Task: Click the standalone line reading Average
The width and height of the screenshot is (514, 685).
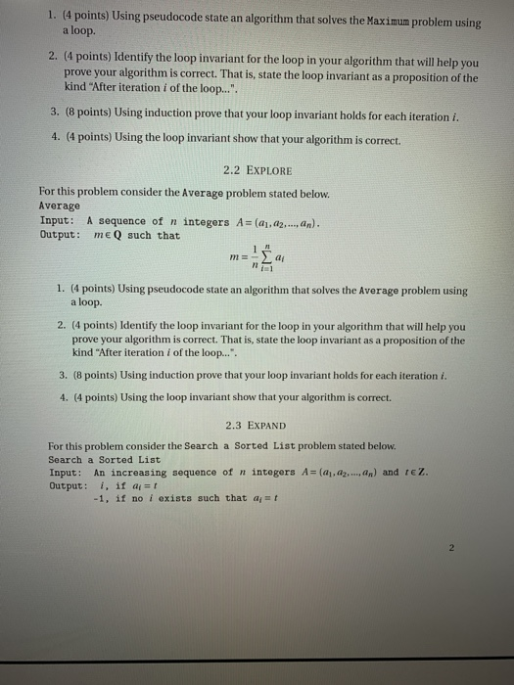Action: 59,206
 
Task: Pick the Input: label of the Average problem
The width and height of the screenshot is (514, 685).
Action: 57,220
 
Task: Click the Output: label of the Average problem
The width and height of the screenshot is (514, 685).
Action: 60,235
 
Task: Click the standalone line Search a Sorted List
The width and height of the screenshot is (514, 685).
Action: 105,459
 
